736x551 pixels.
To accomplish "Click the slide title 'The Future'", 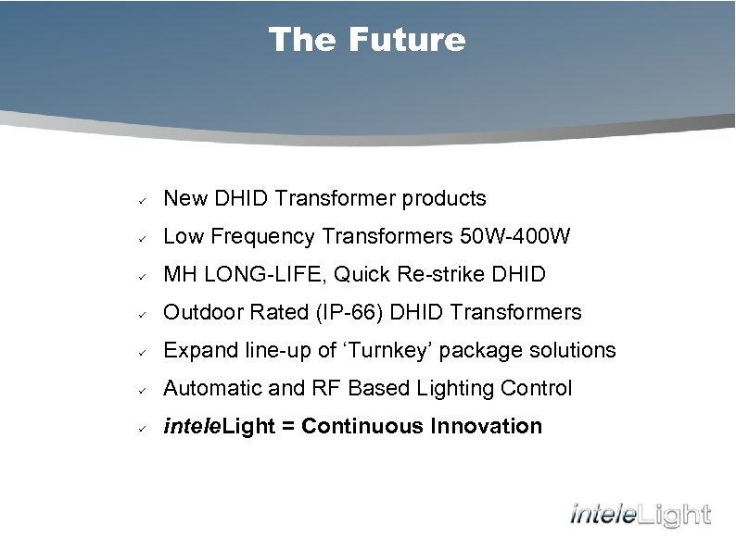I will [367, 40].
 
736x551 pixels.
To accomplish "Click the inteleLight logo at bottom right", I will [640, 513].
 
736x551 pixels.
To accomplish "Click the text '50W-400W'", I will [515, 237].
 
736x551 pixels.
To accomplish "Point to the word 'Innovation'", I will [490, 427].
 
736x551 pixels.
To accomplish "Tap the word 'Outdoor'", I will [198, 313].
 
